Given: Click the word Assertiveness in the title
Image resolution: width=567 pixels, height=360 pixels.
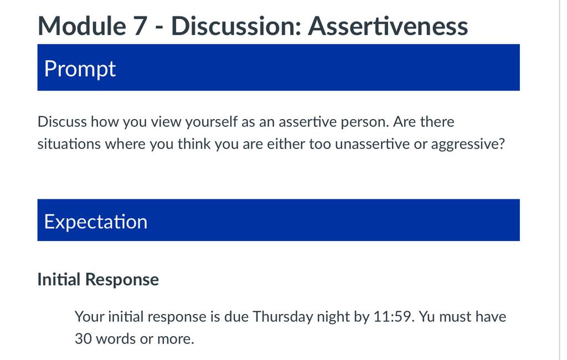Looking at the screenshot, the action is click(x=388, y=26).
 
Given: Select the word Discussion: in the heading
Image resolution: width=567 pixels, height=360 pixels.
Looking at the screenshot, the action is click(x=236, y=26).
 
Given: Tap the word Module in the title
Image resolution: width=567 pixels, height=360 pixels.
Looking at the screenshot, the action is click(x=82, y=26).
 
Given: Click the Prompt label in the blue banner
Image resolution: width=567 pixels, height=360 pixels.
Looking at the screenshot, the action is click(x=80, y=69).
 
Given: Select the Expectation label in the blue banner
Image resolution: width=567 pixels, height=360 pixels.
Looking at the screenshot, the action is click(x=96, y=222).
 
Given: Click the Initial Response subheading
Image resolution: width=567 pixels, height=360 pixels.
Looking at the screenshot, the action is click(x=98, y=279).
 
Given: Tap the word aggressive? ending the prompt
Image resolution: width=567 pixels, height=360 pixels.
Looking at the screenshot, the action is click(x=468, y=145).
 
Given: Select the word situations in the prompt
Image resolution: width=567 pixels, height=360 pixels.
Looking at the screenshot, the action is click(x=69, y=144).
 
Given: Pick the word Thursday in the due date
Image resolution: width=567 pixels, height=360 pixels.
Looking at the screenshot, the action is click(x=283, y=317).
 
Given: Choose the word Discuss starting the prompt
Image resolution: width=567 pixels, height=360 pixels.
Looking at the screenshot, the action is click(x=62, y=122).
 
